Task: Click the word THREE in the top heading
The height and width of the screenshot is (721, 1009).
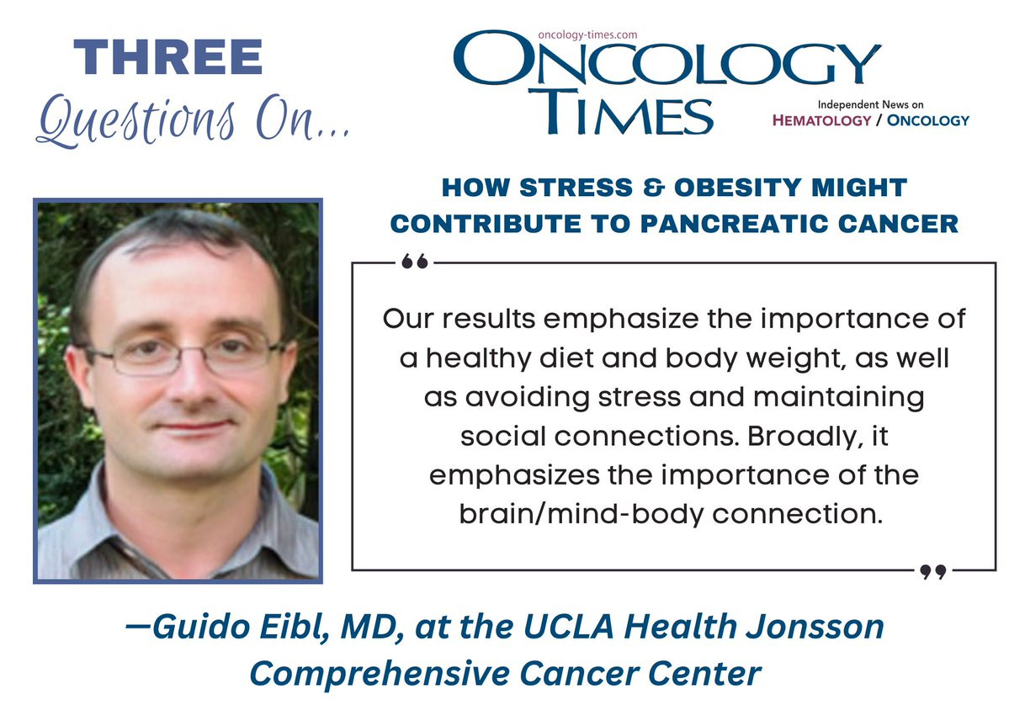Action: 168,57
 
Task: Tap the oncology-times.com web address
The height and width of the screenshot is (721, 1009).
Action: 587,34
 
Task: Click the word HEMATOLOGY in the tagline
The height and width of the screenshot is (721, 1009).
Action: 821,120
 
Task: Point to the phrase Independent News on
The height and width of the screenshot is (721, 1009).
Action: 871,104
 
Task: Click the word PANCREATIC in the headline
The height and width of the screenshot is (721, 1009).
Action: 734,224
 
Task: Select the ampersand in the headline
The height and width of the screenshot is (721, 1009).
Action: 654,188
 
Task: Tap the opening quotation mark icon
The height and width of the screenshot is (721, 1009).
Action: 414,261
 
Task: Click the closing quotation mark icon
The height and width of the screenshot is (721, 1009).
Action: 932,571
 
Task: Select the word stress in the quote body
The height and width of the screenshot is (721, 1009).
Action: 639,397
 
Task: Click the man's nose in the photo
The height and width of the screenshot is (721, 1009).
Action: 190,379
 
